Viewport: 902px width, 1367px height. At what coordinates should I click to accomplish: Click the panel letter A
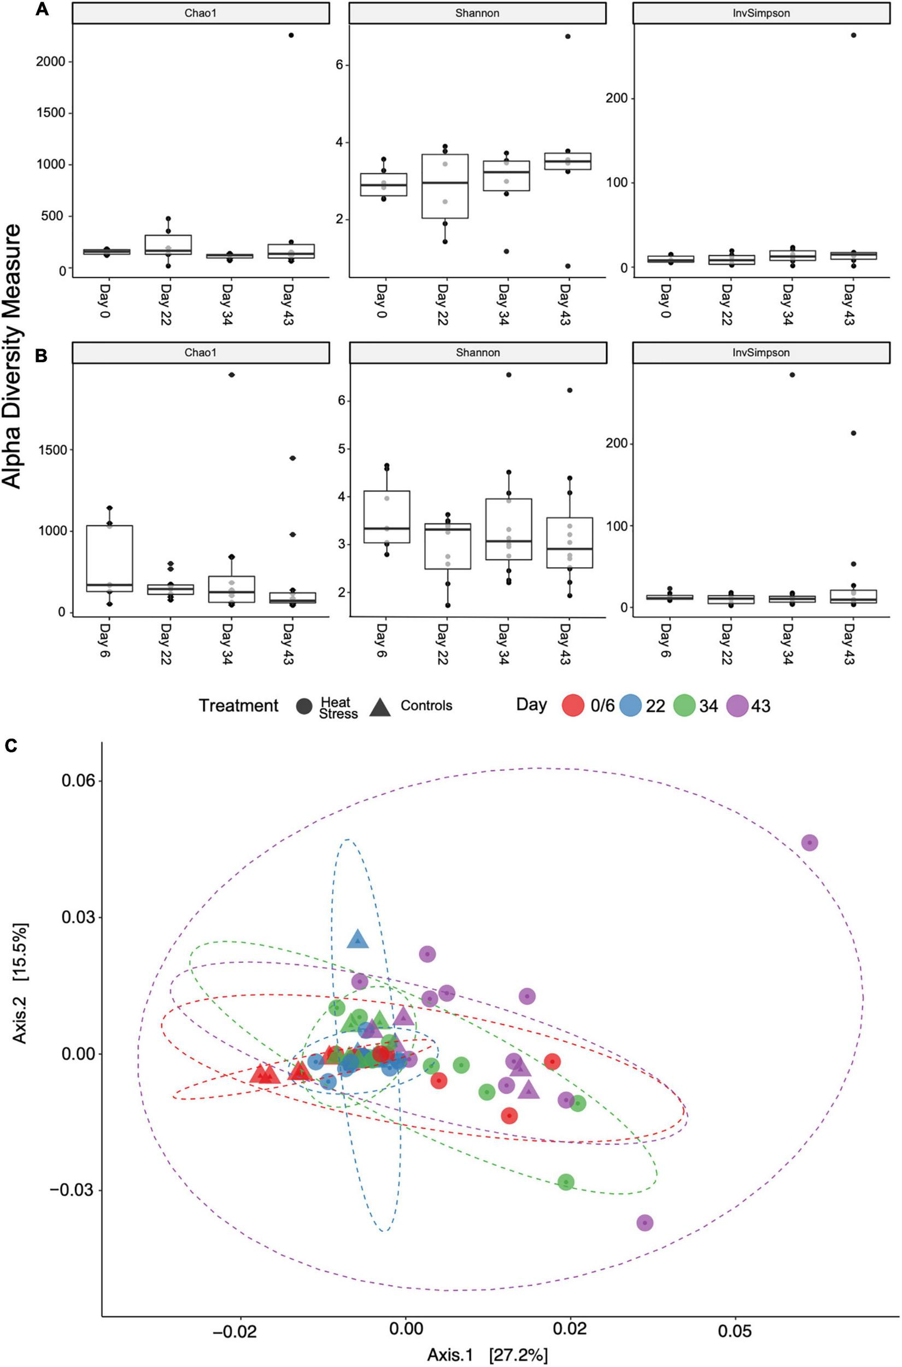pos(42,10)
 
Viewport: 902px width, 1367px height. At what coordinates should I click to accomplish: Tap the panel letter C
pos(10,746)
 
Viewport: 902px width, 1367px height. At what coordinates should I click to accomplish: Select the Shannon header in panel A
pos(477,13)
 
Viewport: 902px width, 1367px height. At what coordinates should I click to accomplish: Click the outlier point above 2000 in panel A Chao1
pos(291,35)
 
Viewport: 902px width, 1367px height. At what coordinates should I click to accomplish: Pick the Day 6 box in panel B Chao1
pos(109,559)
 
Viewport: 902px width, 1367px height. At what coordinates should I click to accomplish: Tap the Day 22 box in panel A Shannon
pos(444,186)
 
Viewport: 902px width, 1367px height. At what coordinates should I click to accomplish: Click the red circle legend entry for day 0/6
pos(573,706)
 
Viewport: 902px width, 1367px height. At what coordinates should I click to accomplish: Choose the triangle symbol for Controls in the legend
pos(380,707)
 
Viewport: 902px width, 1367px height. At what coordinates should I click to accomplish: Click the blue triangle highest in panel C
pos(357,939)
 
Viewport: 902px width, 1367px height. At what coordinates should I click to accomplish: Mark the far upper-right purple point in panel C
pos(810,842)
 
